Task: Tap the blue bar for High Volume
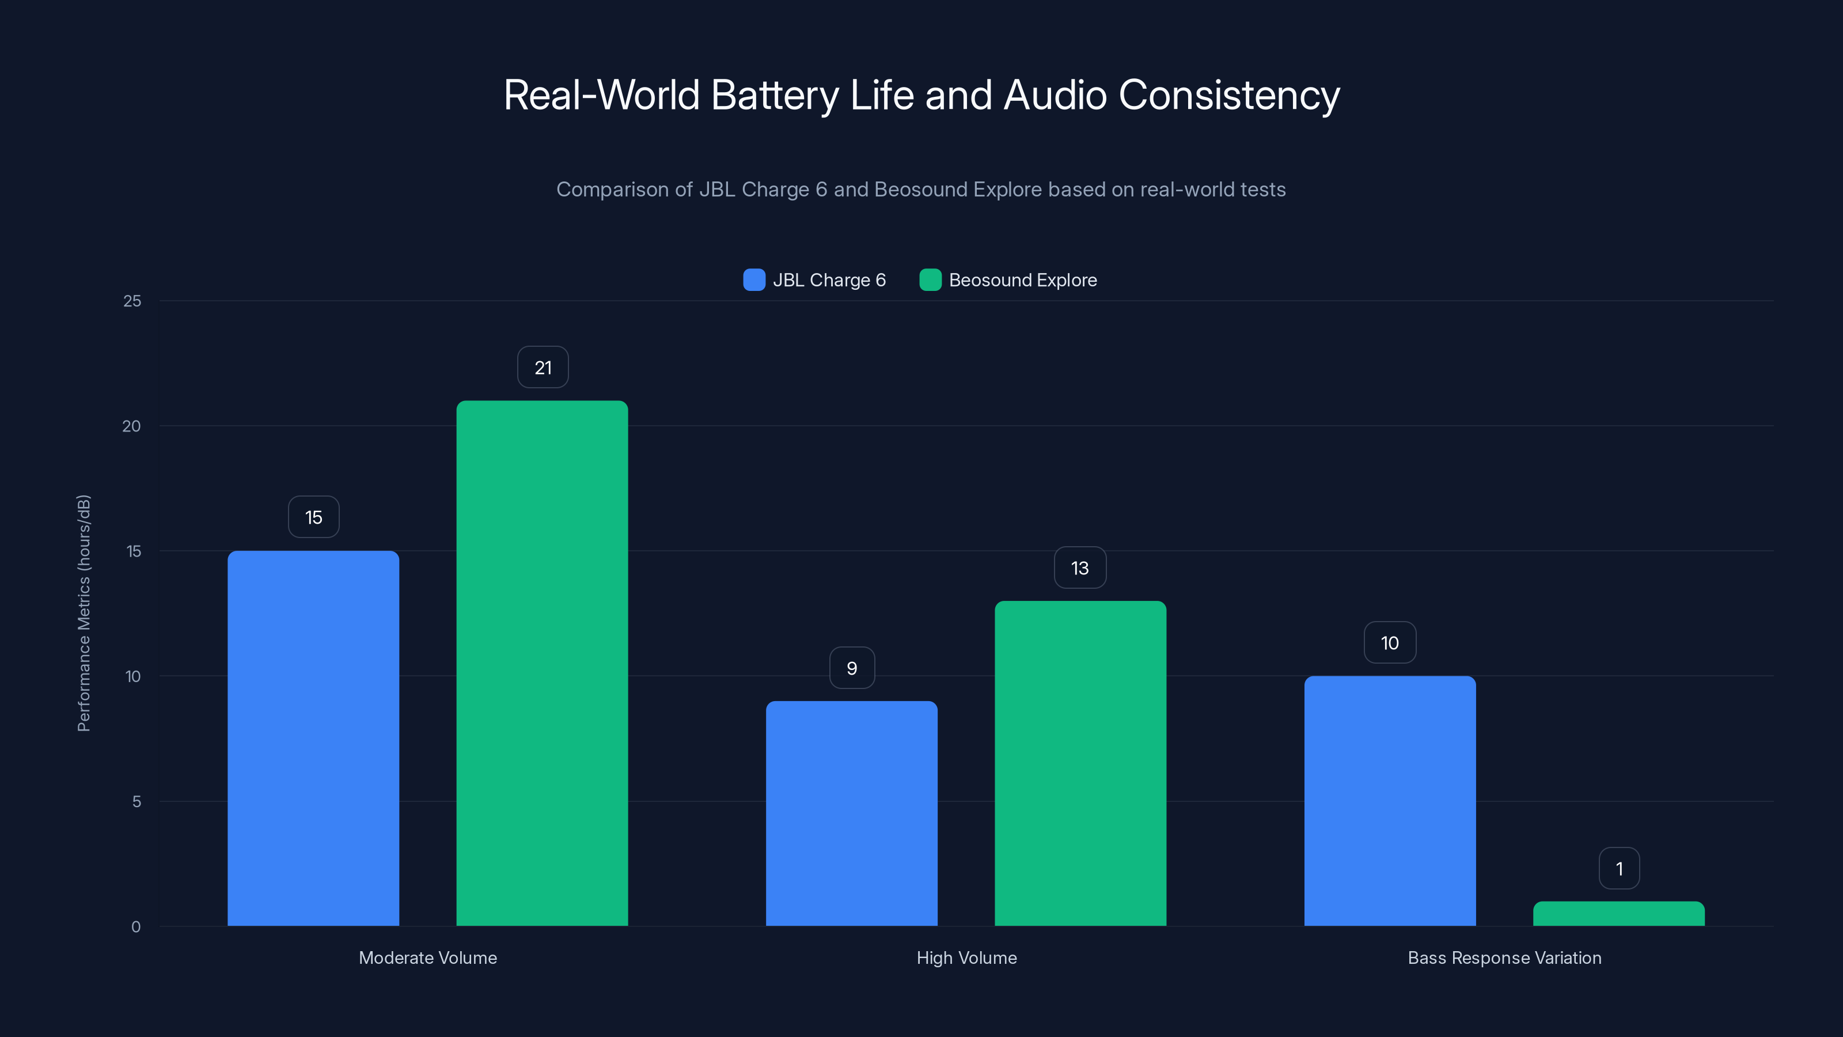coord(851,813)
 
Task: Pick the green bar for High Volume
coord(1080,763)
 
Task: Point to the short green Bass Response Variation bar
coord(1618,914)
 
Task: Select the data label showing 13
coord(1080,568)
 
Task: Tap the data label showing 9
coord(851,668)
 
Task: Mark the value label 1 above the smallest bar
coord(1619,869)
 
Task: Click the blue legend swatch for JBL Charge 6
coord(754,280)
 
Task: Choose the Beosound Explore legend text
coord(1022,280)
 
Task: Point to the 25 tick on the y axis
coord(132,301)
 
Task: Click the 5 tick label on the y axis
coord(136,801)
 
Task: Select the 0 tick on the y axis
coord(136,927)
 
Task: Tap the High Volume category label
coord(966,957)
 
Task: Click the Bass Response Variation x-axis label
coord(1504,957)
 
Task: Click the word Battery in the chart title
coord(775,95)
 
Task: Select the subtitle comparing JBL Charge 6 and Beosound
coord(921,190)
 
